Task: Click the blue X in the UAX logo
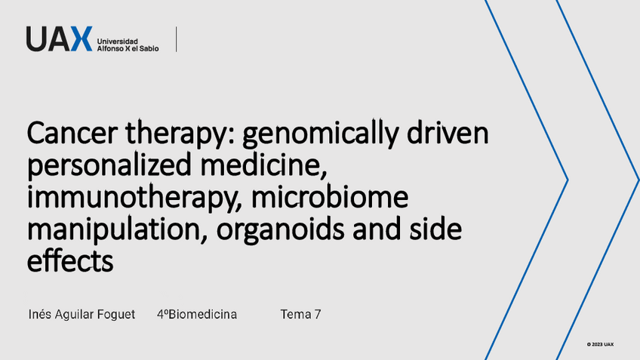(82, 38)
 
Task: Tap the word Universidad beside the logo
(117, 42)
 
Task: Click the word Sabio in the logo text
(149, 48)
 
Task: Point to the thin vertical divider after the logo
(177, 39)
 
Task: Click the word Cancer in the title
(72, 133)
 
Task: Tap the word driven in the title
(448, 132)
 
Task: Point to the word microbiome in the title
(330, 196)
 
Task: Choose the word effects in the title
(70, 260)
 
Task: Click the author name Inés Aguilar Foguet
(82, 314)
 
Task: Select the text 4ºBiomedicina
(197, 314)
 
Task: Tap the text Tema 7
(300, 314)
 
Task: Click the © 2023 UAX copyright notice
(601, 344)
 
